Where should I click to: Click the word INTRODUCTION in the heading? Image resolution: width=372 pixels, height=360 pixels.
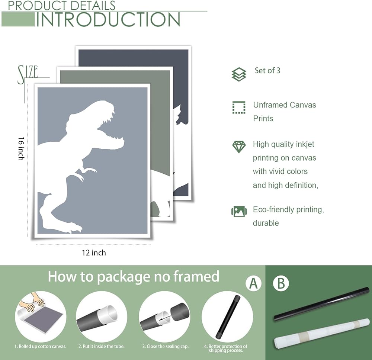(x=108, y=19)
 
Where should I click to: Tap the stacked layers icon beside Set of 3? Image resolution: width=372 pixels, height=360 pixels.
(x=239, y=74)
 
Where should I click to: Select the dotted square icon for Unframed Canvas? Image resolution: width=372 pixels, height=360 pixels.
(x=239, y=107)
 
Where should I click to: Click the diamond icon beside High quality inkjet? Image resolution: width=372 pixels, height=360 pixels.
(x=239, y=147)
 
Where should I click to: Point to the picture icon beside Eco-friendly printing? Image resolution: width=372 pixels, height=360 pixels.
(x=239, y=211)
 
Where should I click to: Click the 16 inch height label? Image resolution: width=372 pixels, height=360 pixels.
(x=21, y=149)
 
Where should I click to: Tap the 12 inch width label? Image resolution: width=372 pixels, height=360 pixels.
(x=94, y=253)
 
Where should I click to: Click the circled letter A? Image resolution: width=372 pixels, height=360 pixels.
(x=253, y=283)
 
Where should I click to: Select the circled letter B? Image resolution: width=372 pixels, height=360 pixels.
(x=281, y=283)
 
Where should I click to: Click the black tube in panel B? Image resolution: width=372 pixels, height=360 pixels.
(x=322, y=304)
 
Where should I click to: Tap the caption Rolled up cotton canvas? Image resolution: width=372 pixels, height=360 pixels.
(x=40, y=347)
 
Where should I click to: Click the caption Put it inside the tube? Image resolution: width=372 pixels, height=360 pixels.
(x=102, y=347)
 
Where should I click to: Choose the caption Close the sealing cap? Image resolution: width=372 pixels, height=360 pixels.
(x=166, y=347)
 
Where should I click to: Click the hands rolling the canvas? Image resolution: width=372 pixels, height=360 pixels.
(x=36, y=301)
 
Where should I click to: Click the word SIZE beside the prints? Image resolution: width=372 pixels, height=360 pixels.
(x=28, y=74)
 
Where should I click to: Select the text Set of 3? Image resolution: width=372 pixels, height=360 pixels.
(x=267, y=70)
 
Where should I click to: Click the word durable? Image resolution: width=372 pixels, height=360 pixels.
(x=266, y=223)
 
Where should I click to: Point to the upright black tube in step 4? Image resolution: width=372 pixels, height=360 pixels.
(x=228, y=317)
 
